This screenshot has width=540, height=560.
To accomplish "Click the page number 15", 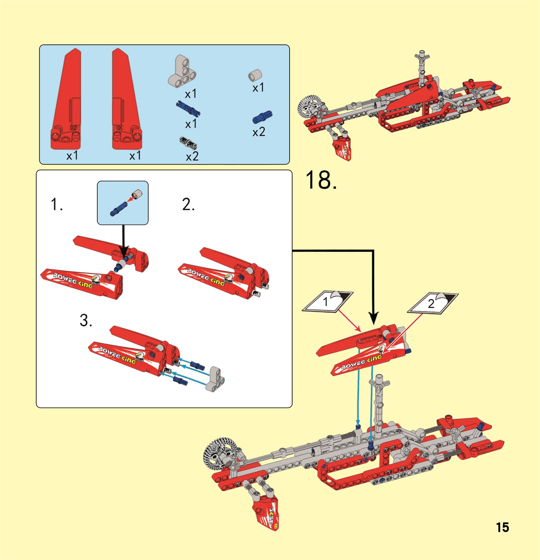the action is [x=502, y=527].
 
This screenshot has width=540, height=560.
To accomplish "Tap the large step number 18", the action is [x=321, y=180].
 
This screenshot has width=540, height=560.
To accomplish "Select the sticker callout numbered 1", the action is [x=328, y=302].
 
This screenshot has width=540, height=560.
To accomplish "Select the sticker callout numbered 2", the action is [x=433, y=303].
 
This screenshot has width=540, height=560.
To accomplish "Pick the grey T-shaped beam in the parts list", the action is [x=182, y=72].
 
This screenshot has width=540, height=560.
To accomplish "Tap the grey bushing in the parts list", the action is [x=255, y=75].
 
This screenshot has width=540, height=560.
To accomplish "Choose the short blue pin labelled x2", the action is [x=262, y=117].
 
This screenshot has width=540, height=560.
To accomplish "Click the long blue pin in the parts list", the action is [x=188, y=108].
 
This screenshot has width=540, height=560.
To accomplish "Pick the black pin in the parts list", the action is [x=188, y=143].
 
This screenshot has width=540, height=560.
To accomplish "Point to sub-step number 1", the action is [x=57, y=204].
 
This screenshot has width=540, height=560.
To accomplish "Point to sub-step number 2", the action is [x=188, y=204].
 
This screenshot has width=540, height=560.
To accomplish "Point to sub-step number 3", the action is [x=86, y=320].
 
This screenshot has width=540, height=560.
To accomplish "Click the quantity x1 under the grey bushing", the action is [x=258, y=88].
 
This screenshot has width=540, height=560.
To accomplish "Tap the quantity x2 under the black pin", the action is [x=192, y=156].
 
